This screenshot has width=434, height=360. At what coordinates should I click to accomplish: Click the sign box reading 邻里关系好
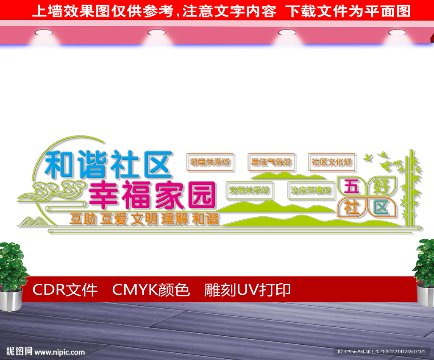coord(210,162)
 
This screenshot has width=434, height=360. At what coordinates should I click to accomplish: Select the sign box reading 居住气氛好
coord(271,162)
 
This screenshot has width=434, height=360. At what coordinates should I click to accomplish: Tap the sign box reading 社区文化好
coord(331,162)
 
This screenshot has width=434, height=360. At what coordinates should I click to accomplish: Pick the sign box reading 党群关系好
coord(249,190)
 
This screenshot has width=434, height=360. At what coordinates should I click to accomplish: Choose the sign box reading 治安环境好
coord(311,190)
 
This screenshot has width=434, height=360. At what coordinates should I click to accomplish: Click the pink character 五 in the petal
coord(351,186)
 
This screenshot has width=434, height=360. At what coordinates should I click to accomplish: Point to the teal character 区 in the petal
coord(381,207)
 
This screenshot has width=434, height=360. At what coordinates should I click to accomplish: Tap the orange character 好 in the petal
coord(381,186)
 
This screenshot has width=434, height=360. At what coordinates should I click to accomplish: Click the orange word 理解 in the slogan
coord(175,219)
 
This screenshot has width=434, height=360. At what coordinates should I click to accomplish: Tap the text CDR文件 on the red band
coord(65,290)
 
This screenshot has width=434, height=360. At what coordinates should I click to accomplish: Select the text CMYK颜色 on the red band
coord(151,290)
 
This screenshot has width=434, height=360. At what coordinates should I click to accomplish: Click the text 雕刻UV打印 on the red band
coord(247,290)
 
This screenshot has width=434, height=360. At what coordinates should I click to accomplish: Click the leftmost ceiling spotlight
coord(44,33)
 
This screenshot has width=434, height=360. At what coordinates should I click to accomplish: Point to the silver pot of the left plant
coord(11,299)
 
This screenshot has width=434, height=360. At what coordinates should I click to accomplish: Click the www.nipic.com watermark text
coord(59,352)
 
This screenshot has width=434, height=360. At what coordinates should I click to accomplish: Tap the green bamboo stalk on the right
coord(411,188)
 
